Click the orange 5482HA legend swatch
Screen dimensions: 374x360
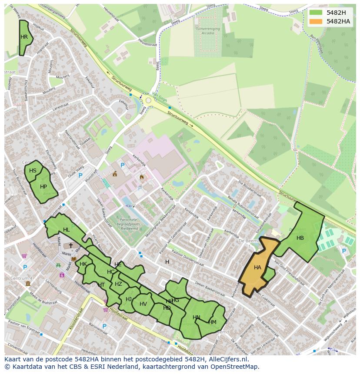[316, 21]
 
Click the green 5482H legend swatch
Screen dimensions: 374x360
[316, 13]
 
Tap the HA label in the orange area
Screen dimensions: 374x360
[257, 268]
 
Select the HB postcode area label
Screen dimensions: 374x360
[300, 238]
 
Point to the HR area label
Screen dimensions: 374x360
[24, 37]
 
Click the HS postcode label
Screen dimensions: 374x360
[33, 171]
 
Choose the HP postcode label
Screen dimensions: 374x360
[43, 187]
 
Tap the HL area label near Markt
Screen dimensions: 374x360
[66, 230]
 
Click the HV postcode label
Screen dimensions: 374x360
[143, 304]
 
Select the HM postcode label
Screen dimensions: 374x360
[212, 322]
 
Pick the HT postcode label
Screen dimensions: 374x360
[101, 285]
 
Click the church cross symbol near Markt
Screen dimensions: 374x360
[71, 245]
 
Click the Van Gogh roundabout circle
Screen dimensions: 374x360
[148, 100]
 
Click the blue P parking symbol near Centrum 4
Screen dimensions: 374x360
[25, 268]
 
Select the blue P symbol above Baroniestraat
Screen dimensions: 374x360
[104, 326]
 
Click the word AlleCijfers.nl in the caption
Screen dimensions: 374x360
[226, 360]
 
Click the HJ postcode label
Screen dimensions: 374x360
[129, 299]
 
